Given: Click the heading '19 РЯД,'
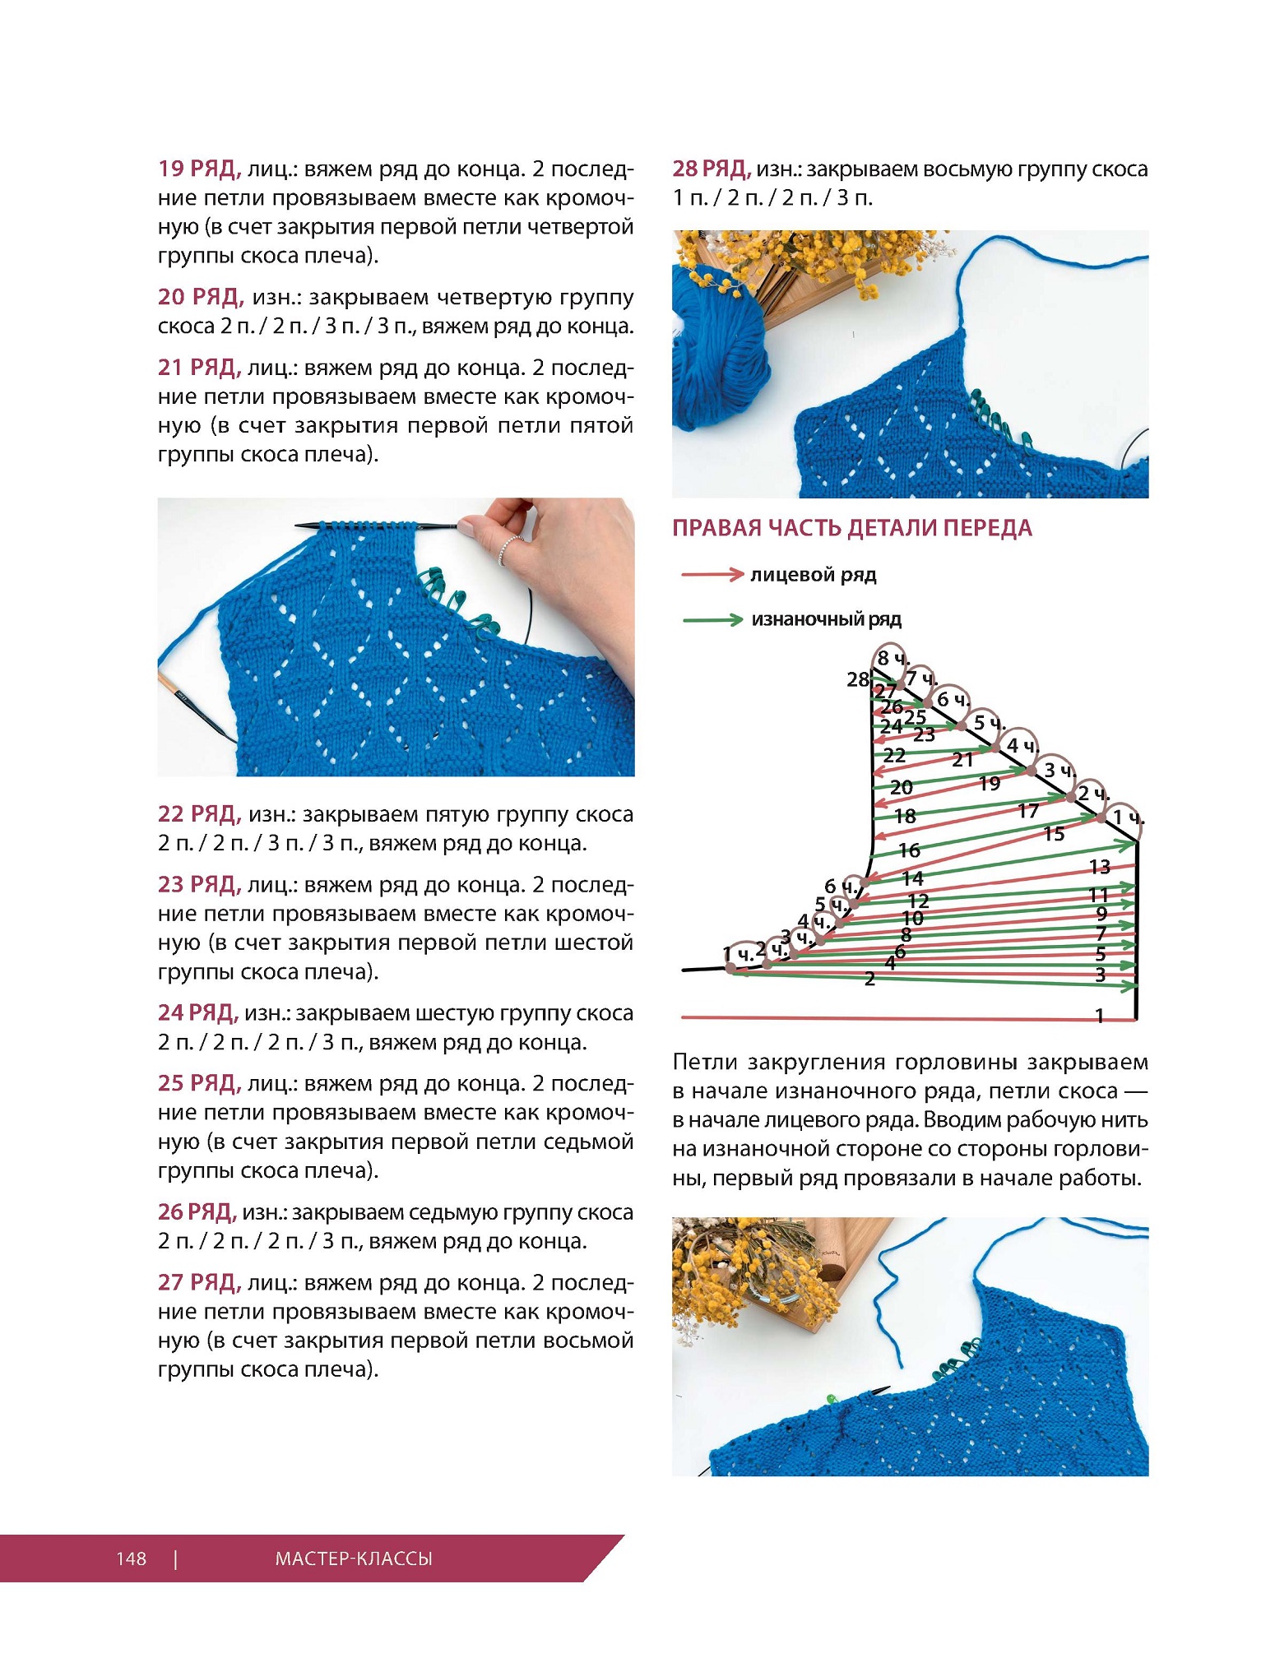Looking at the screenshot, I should pos(199,169).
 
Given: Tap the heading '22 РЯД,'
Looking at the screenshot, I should pos(199,814).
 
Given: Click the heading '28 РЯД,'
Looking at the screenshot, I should pos(712,169).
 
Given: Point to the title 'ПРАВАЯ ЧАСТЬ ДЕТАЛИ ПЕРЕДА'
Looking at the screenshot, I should pos(851,528).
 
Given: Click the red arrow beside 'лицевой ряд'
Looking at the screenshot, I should pos(712,574).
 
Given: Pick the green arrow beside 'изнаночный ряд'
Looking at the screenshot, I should pos(712,619).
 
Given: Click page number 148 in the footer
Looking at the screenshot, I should pos(131,1558).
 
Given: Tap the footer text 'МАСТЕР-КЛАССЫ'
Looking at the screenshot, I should pos(354,1558).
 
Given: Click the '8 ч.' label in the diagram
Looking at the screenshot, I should pos(892,658).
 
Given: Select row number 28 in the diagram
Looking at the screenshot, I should pos(858,679).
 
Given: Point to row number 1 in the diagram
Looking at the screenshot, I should pos(1099,1017).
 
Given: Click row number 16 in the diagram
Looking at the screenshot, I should pos(909,850).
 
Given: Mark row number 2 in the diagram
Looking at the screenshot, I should pos(869,979).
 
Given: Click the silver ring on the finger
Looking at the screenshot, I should pos(510,547).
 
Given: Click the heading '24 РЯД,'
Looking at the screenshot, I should pos(198,1013).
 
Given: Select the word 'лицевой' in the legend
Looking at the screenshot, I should pos(781,575).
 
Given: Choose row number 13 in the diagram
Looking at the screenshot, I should pos(1100,867).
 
